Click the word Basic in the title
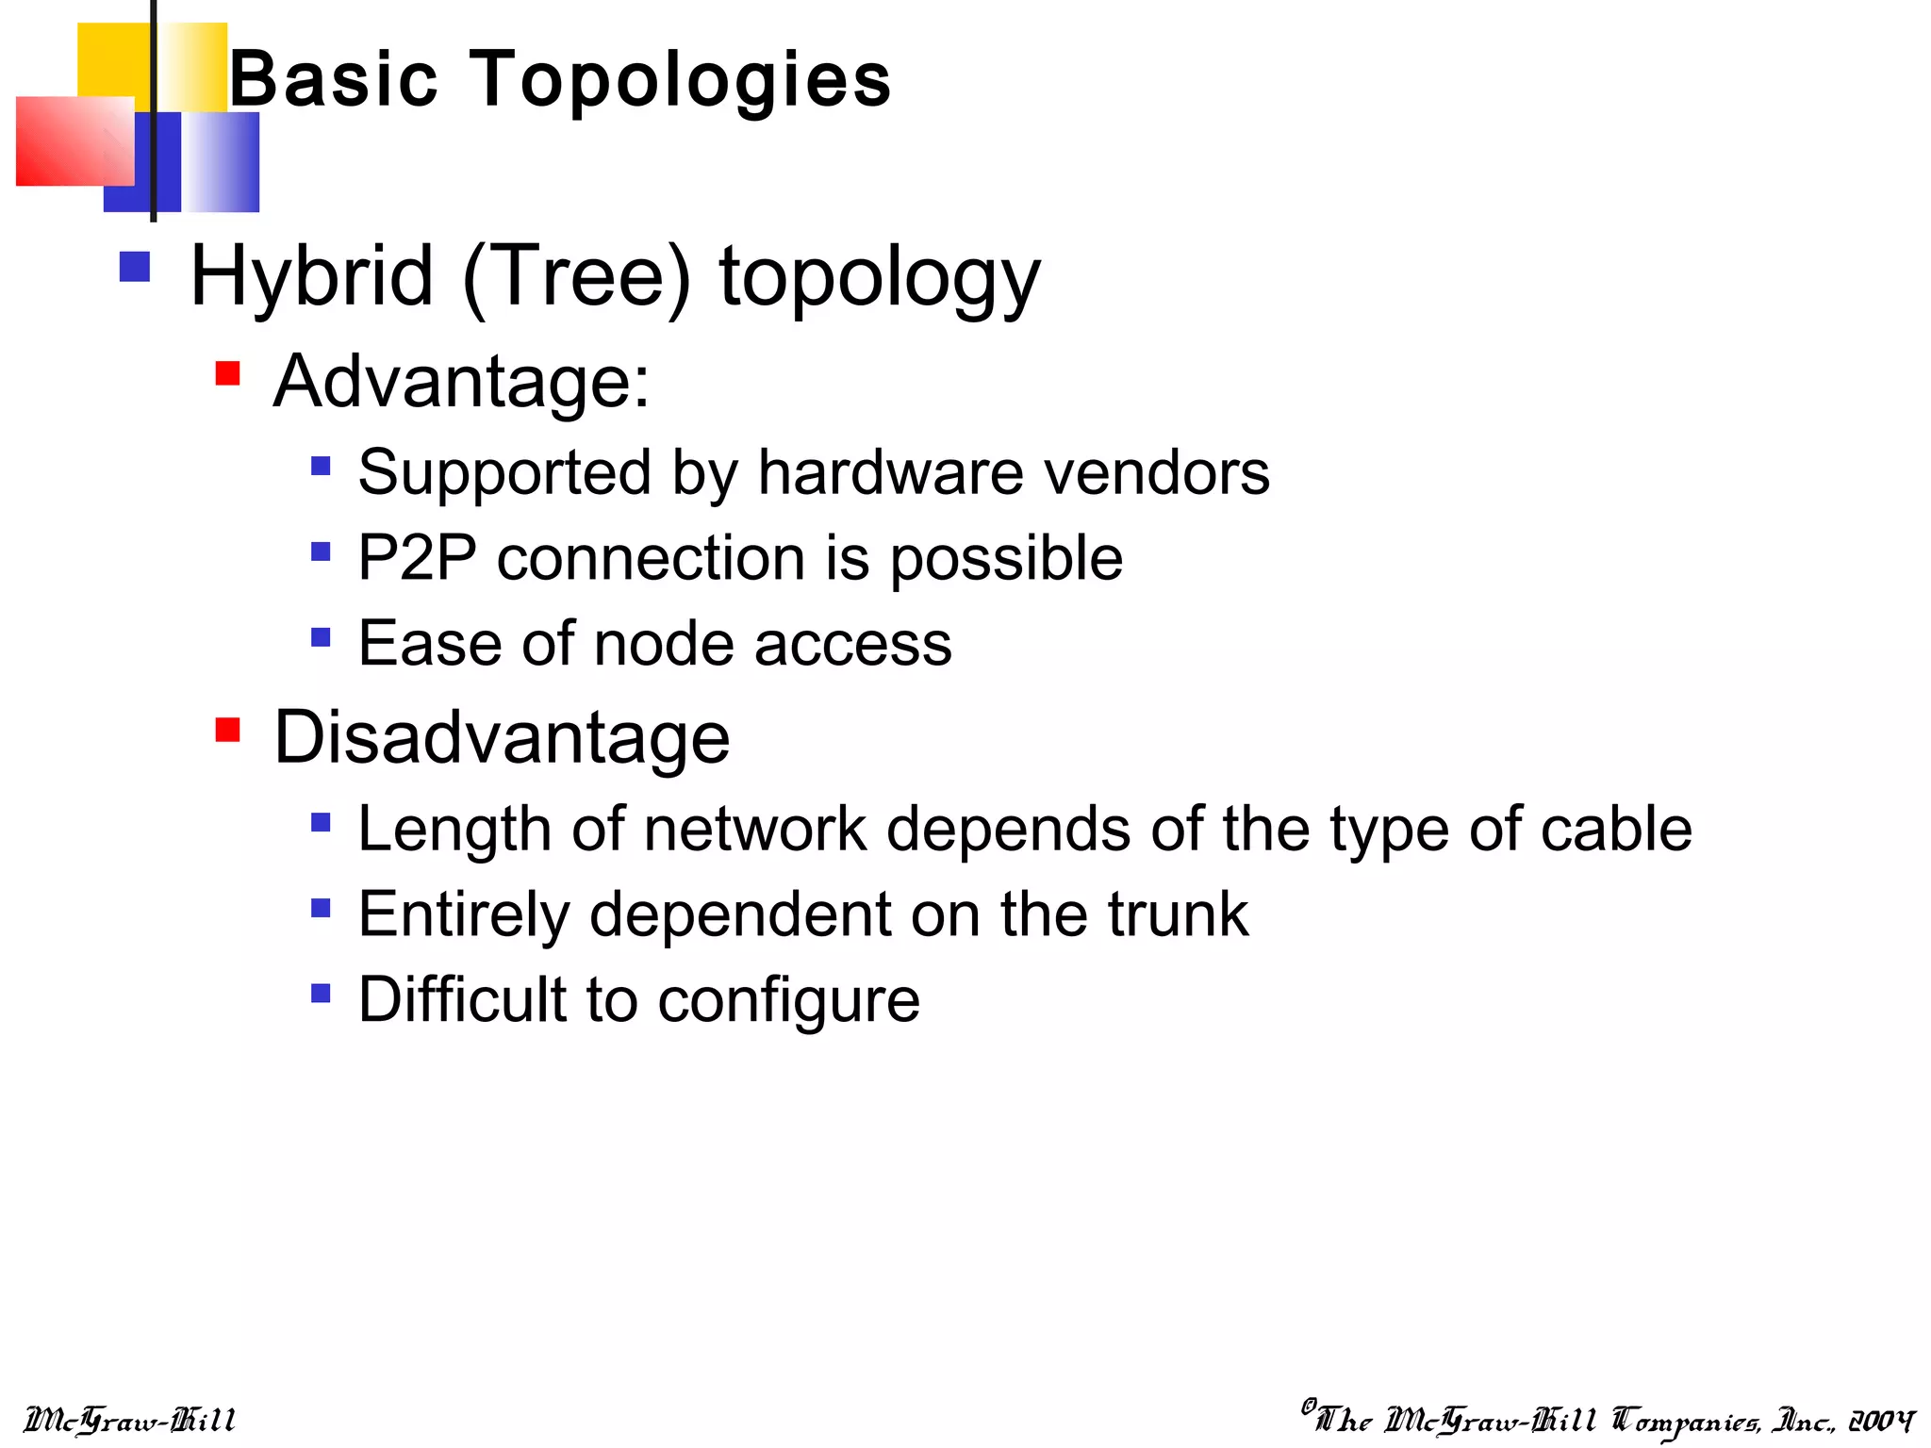334,80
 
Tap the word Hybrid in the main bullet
311,277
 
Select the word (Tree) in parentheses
576,277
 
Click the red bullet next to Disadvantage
227,730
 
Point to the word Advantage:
461,382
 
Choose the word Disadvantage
502,737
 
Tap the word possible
1006,559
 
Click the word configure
788,1001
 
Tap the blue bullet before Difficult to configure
321,993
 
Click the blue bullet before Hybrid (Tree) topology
135,267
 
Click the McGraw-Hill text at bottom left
129,1420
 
